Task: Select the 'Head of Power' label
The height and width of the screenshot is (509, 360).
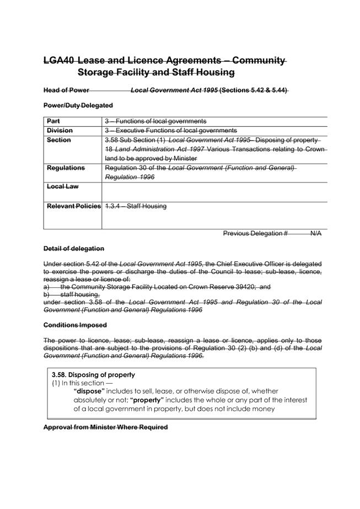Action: (x=66, y=90)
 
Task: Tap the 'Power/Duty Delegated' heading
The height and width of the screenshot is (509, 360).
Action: (x=78, y=105)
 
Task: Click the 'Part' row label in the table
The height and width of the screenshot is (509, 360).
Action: (x=54, y=121)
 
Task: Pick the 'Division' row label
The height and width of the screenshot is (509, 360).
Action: (x=60, y=130)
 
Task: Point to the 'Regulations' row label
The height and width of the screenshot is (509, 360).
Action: (x=66, y=168)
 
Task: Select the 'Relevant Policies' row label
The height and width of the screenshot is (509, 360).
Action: (x=74, y=206)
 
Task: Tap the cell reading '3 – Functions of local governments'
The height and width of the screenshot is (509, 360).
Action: (x=156, y=121)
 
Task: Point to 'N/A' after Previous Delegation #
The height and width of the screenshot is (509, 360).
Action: (x=316, y=233)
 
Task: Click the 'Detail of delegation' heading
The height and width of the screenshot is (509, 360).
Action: (x=73, y=249)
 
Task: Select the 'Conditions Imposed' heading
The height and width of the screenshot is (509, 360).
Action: (x=75, y=325)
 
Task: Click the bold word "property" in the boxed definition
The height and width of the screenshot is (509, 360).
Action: (x=146, y=400)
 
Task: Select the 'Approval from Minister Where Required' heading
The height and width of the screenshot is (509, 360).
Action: (x=105, y=427)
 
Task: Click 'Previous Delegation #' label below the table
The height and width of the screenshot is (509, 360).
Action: (x=255, y=233)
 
